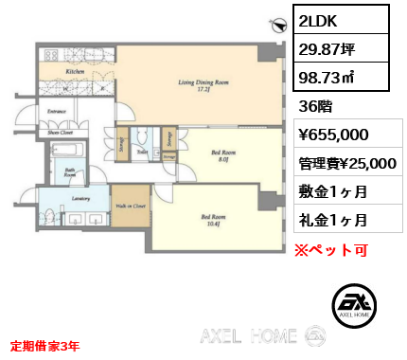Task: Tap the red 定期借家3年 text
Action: tap(44, 345)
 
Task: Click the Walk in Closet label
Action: tap(131, 204)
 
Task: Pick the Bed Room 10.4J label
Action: tap(211, 221)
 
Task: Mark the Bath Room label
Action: tap(70, 173)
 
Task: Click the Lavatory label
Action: tap(80, 199)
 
